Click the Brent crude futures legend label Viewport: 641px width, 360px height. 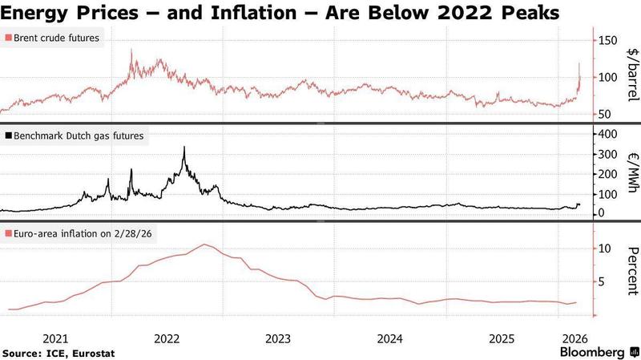[x=57, y=38]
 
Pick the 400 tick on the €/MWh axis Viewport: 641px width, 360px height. [x=609, y=133]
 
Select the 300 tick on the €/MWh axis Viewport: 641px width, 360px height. [x=609, y=153]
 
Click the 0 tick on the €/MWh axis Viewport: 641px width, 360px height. [x=600, y=213]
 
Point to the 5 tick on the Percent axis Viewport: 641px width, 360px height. [x=600, y=281]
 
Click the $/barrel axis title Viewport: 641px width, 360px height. [x=631, y=75]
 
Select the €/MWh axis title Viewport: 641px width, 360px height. [x=631, y=173]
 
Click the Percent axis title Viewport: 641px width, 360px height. [x=631, y=272]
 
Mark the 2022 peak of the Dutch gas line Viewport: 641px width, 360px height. [x=184, y=148]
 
